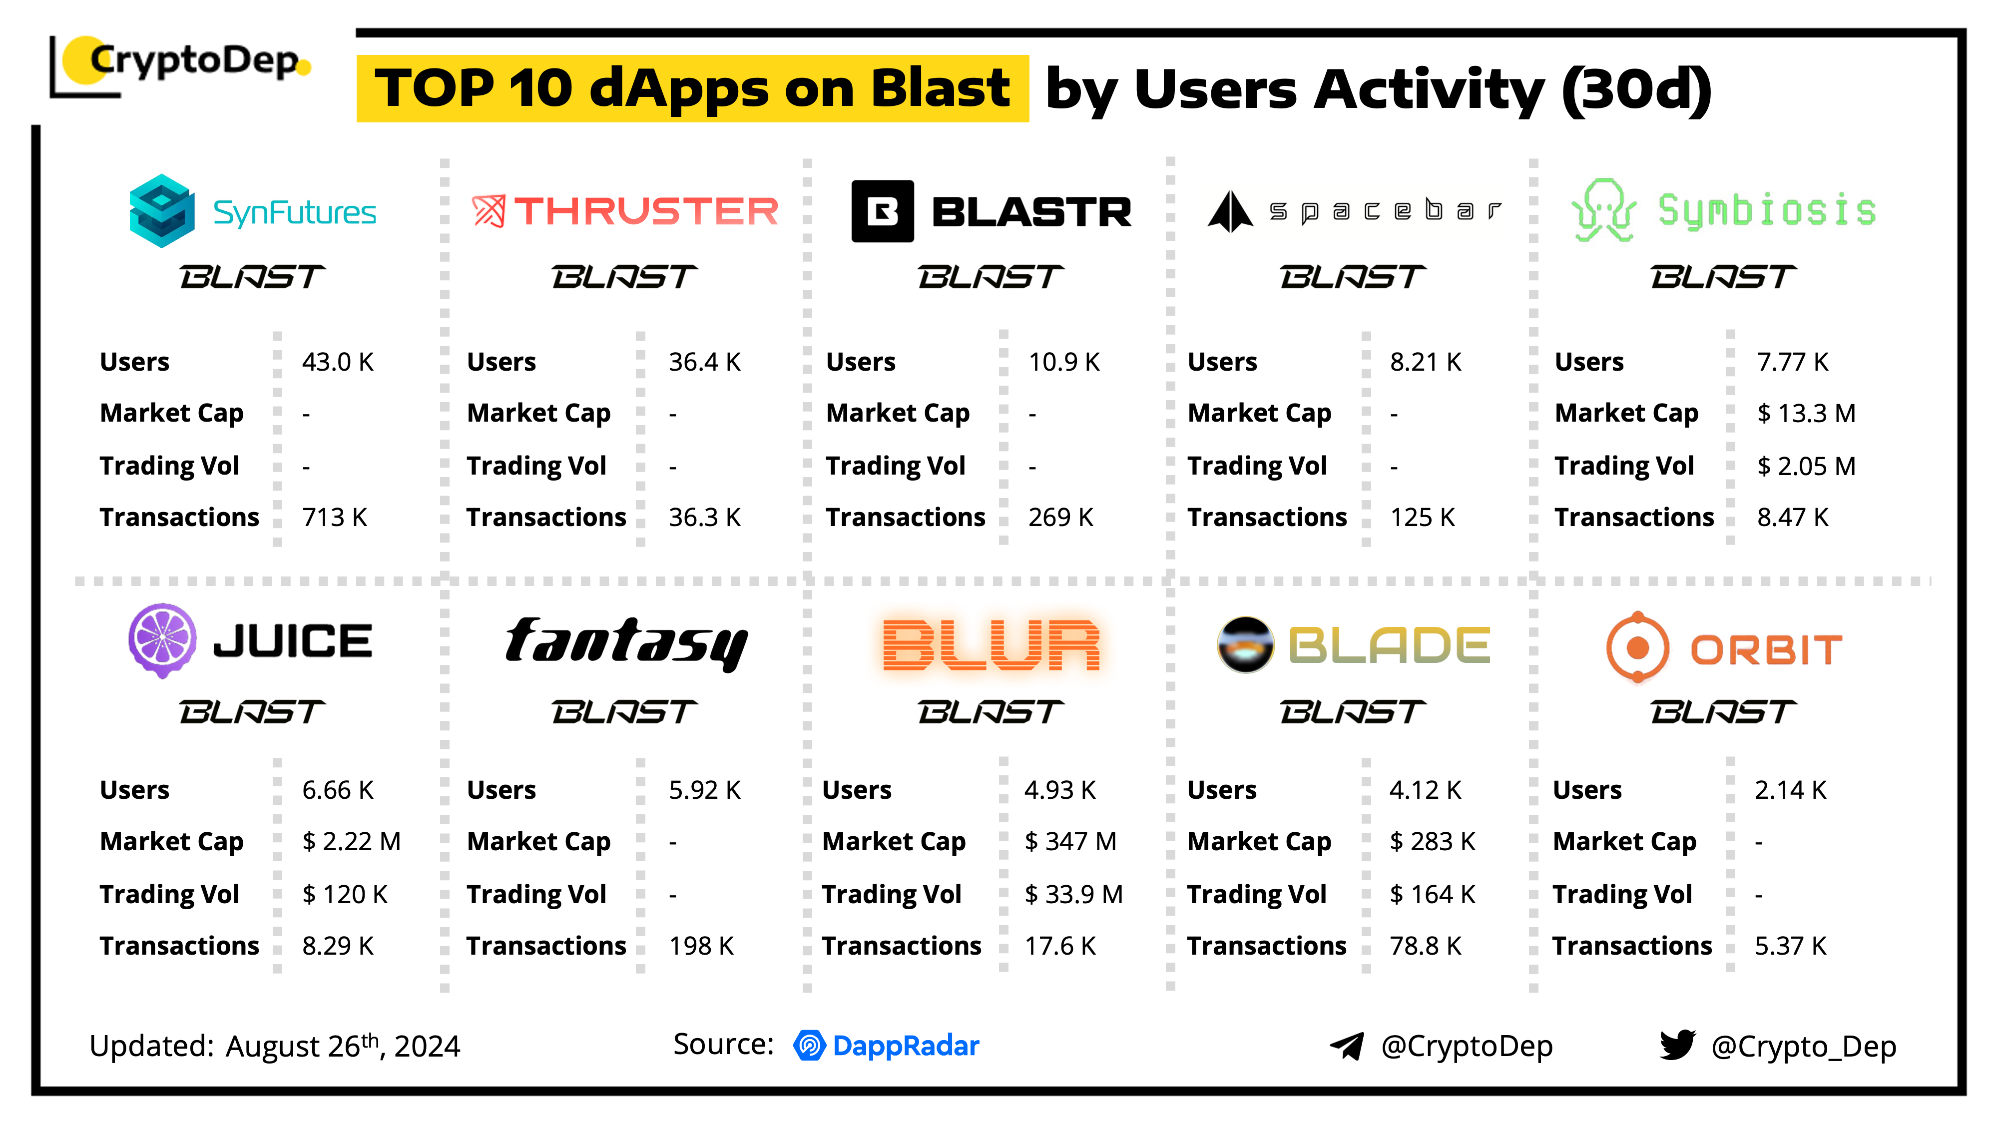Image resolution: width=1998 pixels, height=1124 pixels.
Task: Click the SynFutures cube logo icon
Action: (x=161, y=211)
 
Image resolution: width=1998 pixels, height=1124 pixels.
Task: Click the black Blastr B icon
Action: (x=882, y=211)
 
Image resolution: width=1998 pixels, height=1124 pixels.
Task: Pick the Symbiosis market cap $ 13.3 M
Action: (x=1806, y=414)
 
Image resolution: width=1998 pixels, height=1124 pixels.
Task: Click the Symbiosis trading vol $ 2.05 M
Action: (x=1806, y=466)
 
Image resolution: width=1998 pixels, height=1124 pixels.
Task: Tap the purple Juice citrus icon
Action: (x=162, y=641)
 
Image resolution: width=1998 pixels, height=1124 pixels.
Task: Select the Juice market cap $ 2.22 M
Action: (x=351, y=842)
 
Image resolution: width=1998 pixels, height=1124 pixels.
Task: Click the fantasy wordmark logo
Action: (x=626, y=643)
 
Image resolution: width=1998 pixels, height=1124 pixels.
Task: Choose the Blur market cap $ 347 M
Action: (x=1070, y=842)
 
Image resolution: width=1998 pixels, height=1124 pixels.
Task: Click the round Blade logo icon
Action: (x=1245, y=644)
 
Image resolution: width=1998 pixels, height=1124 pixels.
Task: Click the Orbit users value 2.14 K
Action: (x=1790, y=790)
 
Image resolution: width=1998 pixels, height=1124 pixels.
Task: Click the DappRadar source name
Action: (x=905, y=1046)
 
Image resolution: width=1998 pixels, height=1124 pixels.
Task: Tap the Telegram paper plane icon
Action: (x=1347, y=1046)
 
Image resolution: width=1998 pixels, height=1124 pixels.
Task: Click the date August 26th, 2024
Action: (x=343, y=1046)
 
